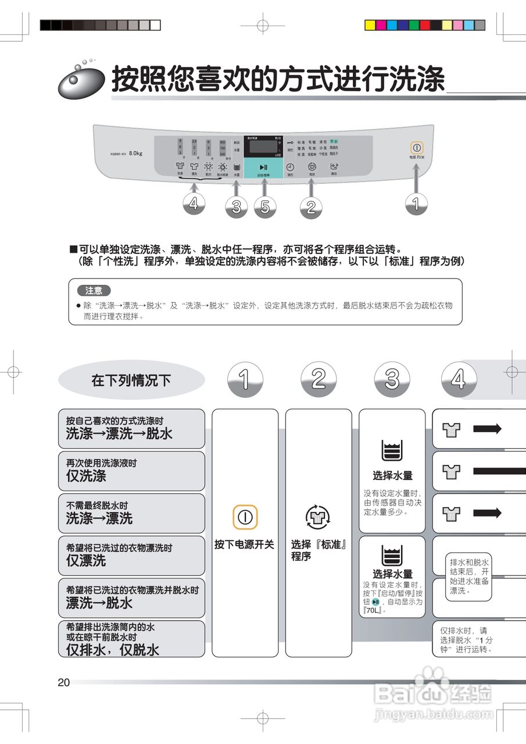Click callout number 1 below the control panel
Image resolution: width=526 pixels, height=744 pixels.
(416, 202)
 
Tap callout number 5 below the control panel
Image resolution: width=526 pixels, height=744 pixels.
(265, 207)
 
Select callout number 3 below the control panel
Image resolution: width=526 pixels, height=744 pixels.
(236, 207)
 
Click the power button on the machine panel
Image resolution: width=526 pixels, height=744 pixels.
(417, 148)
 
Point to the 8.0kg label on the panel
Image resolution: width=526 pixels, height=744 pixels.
(135, 153)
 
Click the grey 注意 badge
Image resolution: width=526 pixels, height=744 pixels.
(94, 290)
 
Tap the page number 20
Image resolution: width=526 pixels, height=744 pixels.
(64, 682)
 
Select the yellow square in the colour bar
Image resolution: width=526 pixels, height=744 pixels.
(370, 25)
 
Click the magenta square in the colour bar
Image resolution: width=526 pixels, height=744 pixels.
(381, 25)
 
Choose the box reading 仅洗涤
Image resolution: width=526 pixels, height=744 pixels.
(131, 471)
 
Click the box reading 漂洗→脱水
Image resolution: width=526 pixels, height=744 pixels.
(131, 598)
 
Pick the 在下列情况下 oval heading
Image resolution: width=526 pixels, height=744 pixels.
(131, 380)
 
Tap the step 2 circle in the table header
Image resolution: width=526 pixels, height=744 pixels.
(319, 379)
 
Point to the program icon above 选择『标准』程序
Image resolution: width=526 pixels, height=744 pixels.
(318, 516)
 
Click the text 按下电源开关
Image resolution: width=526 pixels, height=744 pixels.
(244, 545)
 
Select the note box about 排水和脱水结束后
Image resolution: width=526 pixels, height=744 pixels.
(469, 577)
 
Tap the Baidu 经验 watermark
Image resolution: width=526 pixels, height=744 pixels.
(433, 693)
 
